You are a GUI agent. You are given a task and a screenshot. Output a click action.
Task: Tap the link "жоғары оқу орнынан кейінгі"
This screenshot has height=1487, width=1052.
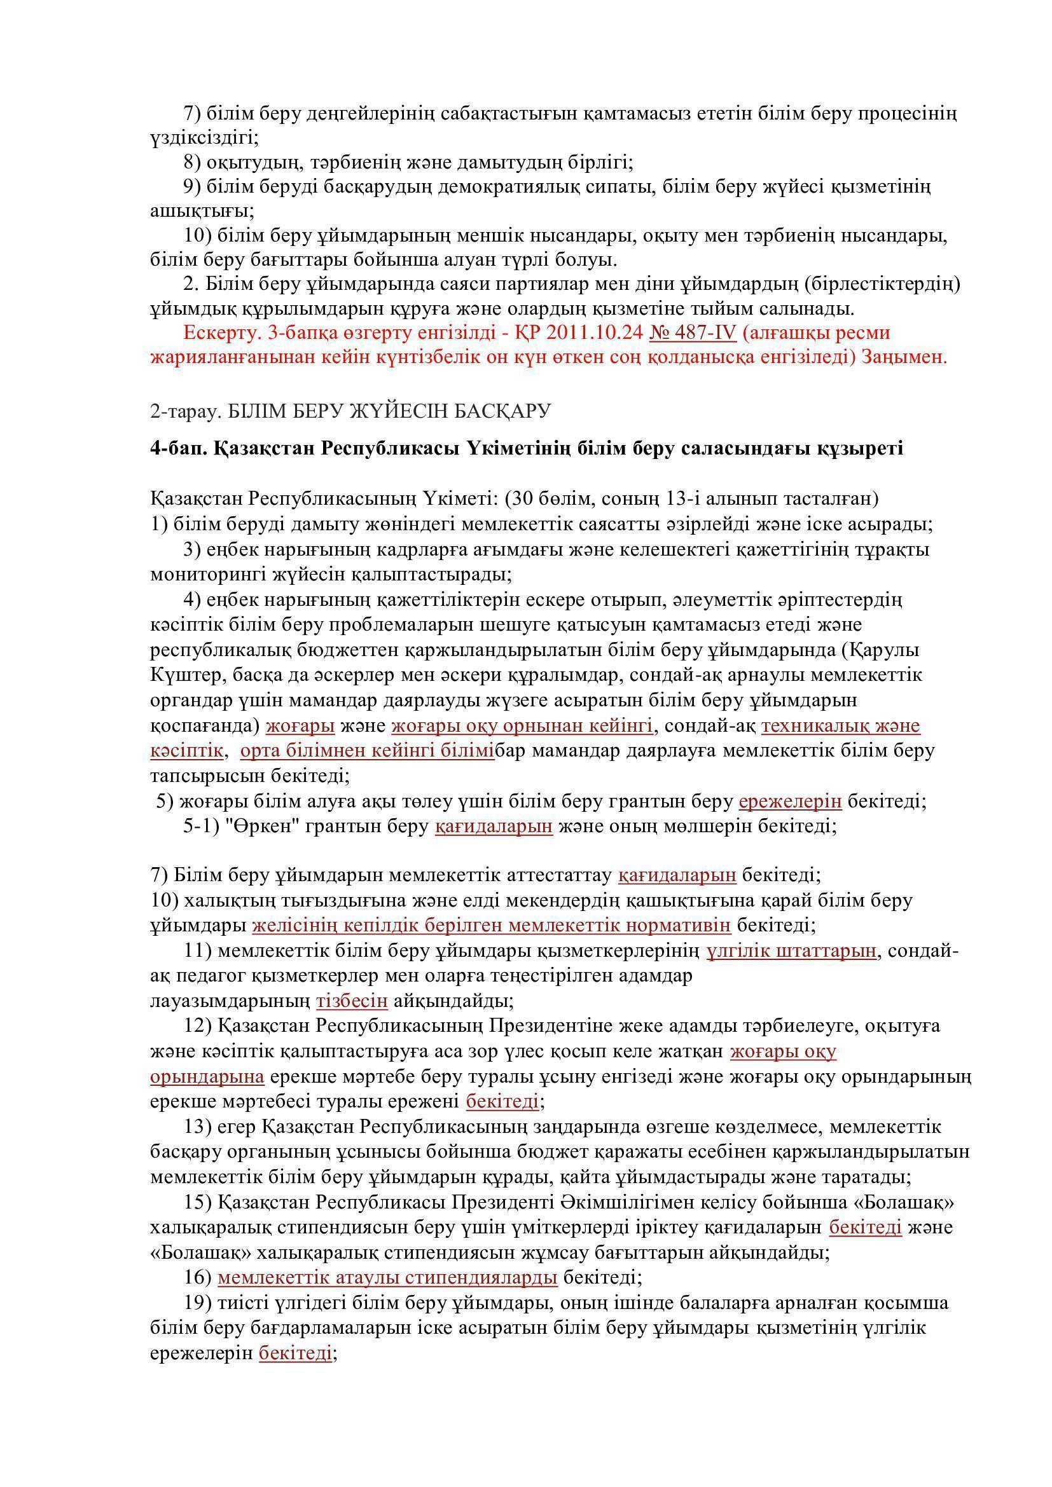pos(522,726)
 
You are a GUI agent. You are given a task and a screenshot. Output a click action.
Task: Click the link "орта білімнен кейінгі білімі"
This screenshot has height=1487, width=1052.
pos(367,751)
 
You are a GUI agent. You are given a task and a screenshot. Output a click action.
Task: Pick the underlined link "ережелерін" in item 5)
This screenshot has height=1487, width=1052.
pos(790,801)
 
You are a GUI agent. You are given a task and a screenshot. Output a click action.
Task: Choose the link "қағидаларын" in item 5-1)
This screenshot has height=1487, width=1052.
pos(494,826)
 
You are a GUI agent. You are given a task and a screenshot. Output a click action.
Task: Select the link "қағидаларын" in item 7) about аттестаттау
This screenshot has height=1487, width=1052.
pos(677,875)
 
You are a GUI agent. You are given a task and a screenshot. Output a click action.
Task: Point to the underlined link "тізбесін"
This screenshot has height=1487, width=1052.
pos(352,1001)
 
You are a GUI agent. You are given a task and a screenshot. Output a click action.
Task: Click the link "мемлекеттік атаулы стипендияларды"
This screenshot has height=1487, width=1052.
pos(387,1278)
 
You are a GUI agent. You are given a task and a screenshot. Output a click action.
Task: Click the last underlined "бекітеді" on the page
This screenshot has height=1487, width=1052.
pos(295,1353)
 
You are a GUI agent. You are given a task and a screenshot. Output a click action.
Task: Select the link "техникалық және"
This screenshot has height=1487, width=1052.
pos(840,726)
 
